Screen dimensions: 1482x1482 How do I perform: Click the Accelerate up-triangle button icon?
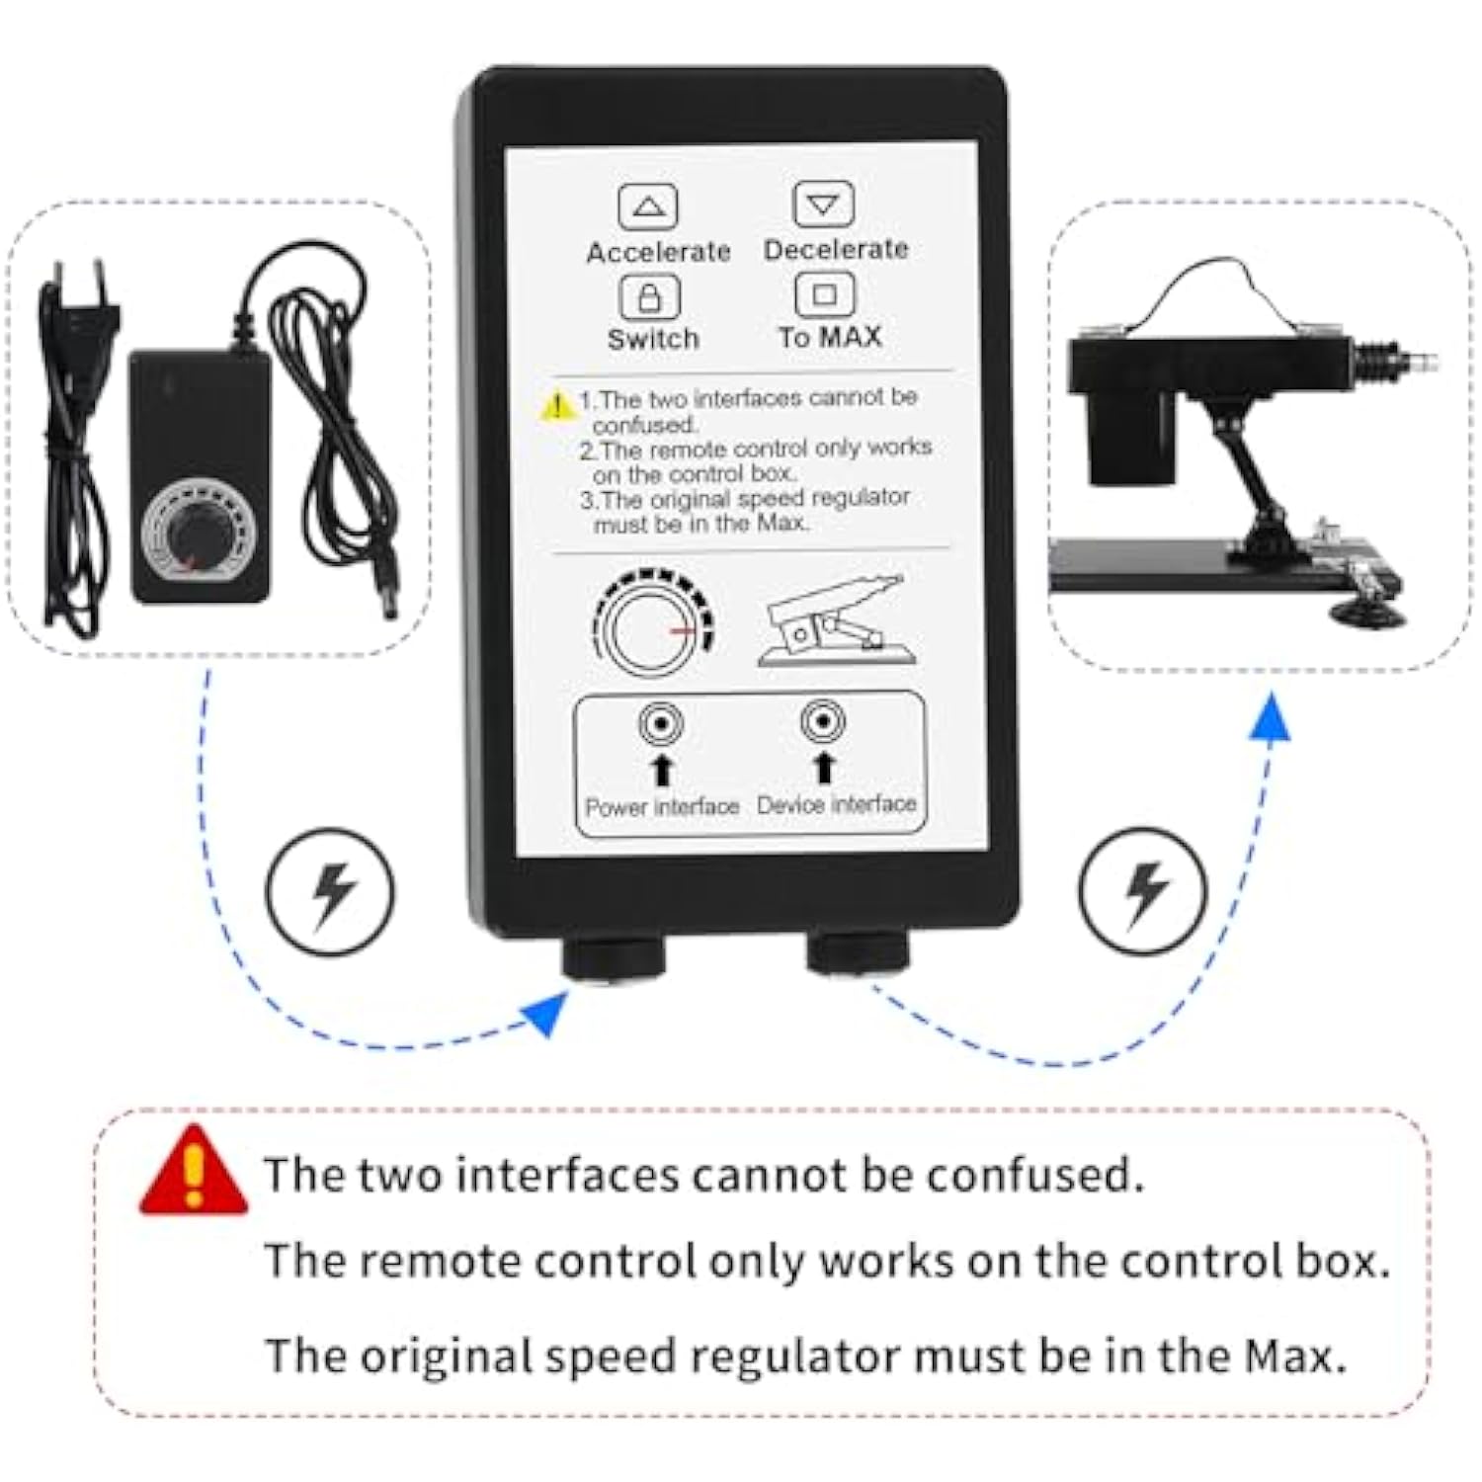click(647, 206)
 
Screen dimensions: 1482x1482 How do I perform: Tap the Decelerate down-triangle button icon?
click(823, 204)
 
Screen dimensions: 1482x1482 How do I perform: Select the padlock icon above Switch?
click(649, 294)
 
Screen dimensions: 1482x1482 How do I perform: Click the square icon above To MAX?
click(824, 293)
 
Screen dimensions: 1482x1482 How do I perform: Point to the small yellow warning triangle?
click(558, 404)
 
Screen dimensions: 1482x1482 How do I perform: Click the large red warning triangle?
click(194, 1172)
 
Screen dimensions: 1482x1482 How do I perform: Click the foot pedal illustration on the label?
click(836, 619)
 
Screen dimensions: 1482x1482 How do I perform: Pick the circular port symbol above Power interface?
click(660, 724)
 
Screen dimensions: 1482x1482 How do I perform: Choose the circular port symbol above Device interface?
click(822, 721)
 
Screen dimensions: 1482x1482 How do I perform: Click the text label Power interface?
click(662, 807)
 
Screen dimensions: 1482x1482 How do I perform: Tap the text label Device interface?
click(837, 804)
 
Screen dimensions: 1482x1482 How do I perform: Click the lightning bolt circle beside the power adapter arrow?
click(330, 891)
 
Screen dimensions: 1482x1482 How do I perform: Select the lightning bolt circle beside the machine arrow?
click(1142, 890)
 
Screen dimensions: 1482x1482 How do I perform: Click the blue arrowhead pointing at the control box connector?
click(546, 1013)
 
